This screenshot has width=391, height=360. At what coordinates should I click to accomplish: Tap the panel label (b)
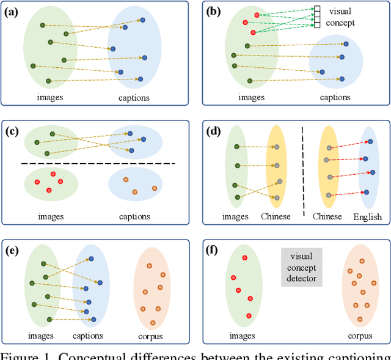click(x=214, y=11)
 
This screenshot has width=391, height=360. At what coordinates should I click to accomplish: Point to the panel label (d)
click(x=214, y=131)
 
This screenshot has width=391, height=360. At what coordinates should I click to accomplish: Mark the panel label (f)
click(x=213, y=251)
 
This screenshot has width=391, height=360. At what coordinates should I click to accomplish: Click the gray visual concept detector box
click(x=301, y=267)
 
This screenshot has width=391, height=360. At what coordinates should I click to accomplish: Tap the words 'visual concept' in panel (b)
click(x=340, y=17)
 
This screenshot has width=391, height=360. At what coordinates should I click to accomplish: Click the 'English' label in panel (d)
click(x=367, y=216)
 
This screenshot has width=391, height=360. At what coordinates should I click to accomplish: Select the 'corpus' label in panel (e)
click(x=153, y=336)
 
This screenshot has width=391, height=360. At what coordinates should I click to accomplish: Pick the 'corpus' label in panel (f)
click(x=360, y=336)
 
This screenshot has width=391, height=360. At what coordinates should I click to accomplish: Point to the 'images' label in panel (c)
click(x=51, y=216)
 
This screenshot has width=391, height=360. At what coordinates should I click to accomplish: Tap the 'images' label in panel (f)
click(x=242, y=336)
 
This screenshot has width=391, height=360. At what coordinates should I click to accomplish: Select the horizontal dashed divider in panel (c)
click(x=98, y=164)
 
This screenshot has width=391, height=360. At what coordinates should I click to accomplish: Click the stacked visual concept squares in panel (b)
click(x=317, y=17)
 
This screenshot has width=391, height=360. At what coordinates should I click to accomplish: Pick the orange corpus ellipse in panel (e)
click(x=152, y=287)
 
